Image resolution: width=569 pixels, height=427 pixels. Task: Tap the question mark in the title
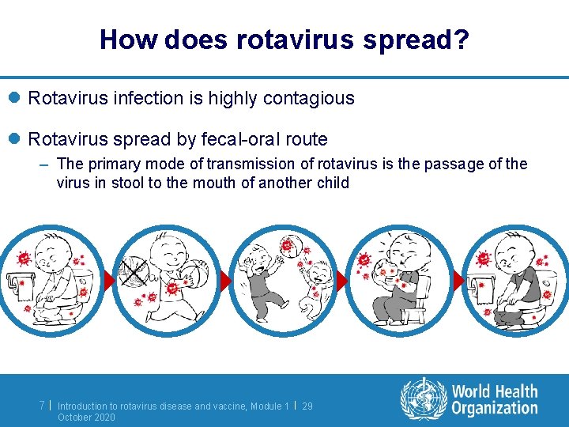[462, 39]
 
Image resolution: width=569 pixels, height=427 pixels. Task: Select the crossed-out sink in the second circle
[131, 273]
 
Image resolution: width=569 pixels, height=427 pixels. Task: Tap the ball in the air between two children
[288, 246]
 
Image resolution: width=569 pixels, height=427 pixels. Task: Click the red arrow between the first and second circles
[111, 282]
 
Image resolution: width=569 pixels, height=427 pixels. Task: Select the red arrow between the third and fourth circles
[342, 282]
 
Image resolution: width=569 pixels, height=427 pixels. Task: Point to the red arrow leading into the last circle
[458, 282]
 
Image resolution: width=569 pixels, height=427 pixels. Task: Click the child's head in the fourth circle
[403, 252]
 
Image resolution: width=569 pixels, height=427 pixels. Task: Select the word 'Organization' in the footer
[495, 408]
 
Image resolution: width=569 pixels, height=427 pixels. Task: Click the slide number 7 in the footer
[42, 406]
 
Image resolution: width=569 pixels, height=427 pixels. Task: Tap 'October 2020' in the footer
[86, 417]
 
